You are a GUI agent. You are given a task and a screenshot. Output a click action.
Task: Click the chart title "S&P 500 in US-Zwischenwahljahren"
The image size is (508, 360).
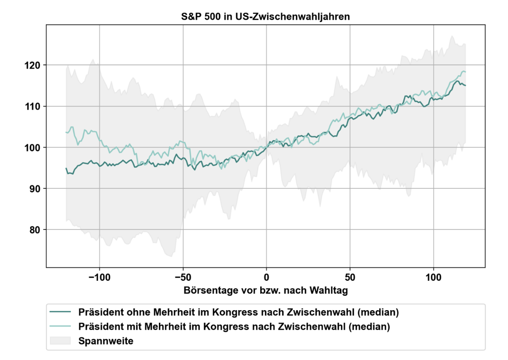265,17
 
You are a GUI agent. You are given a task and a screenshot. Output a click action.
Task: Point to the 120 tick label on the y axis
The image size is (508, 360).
32,65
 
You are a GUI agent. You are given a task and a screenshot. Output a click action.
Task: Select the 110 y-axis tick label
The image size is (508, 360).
32,106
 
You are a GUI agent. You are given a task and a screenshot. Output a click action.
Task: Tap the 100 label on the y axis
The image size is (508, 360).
32,148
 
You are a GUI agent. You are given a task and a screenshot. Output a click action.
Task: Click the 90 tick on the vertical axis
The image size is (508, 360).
35,189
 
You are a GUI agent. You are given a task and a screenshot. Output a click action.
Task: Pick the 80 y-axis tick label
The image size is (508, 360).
35,230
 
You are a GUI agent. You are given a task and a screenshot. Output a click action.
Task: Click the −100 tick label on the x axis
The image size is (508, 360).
99,277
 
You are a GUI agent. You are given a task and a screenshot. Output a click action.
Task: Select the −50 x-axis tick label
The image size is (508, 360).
183,277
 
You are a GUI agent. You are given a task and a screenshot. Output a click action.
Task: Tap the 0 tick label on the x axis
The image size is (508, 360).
266,277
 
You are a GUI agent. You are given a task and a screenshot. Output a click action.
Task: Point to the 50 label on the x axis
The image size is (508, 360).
350,277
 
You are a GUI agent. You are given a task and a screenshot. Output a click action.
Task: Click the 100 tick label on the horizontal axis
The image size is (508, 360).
433,277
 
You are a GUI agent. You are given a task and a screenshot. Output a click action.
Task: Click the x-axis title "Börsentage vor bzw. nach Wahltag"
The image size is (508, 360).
266,290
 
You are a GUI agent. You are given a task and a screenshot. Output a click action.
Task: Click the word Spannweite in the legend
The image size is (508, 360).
106,341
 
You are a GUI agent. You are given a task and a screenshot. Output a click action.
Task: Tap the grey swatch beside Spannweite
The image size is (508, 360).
60,341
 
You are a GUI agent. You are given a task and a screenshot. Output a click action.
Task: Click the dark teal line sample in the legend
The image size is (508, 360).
60,312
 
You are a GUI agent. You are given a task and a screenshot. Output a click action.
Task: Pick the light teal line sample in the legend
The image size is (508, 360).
60,326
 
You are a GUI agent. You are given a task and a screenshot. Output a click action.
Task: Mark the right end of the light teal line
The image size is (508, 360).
465,72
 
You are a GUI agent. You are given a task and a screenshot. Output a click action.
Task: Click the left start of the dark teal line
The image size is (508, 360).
66,168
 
